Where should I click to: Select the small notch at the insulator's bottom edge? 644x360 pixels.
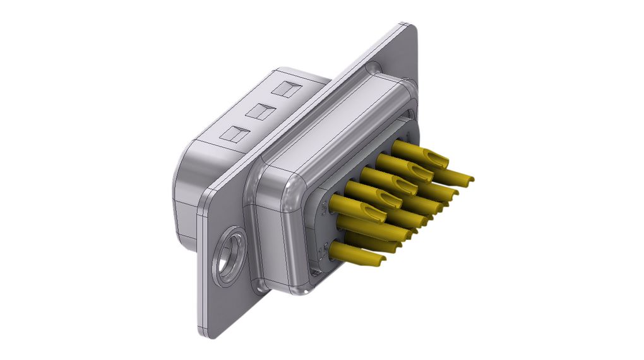[x=314, y=273]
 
